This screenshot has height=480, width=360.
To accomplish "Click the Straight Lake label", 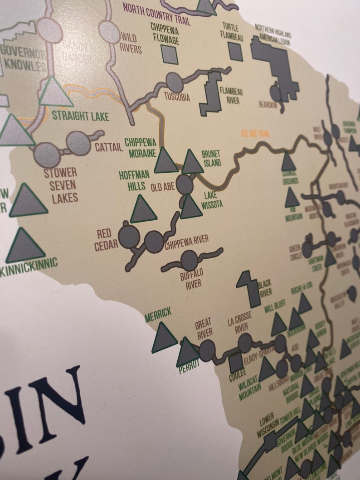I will [x=80, y=116].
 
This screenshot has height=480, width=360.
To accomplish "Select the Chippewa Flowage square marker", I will [x=170, y=54].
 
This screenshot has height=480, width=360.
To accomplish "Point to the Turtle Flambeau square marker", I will [x=235, y=51].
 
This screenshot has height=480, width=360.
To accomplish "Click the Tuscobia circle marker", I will [x=174, y=82].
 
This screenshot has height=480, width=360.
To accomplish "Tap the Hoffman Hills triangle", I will [x=143, y=210].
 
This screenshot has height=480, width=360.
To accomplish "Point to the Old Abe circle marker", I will [x=185, y=184].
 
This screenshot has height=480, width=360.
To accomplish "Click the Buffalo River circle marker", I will [x=190, y=260].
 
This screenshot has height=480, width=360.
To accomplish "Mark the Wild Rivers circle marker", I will [x=109, y=32].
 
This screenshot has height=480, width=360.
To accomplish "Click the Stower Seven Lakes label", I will [x=60, y=185].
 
